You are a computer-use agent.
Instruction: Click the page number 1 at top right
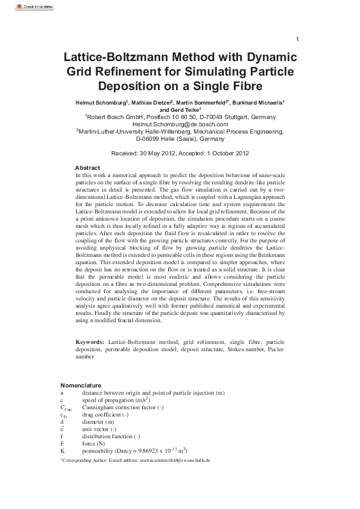(297, 40)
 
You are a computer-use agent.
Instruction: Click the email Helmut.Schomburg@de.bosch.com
(180, 125)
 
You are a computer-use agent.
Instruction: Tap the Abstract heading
(87, 167)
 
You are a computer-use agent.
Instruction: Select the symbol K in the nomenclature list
(62, 450)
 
